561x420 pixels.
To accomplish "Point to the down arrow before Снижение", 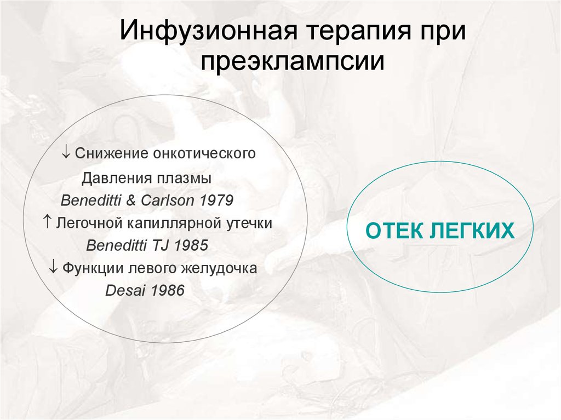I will pos(66,153).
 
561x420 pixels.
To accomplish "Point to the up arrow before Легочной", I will pos(47,222).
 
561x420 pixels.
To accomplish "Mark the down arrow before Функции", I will pos(54,268).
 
